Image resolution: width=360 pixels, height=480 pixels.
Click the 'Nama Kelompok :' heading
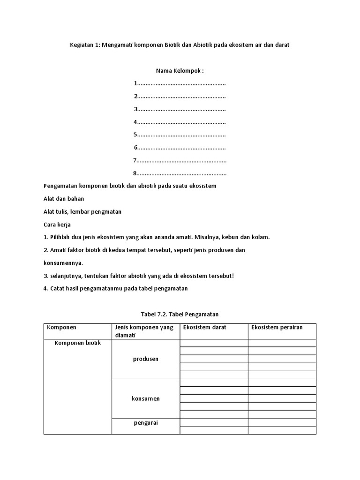(x=180, y=71)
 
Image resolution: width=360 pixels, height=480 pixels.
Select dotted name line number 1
(x=180, y=84)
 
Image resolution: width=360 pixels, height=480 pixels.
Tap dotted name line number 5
(x=180, y=135)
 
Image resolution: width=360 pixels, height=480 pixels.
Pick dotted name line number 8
(x=180, y=173)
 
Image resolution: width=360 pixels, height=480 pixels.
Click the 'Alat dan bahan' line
(x=64, y=199)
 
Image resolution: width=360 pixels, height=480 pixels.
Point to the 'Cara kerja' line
(x=57, y=225)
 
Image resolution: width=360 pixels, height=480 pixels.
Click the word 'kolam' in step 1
(x=262, y=237)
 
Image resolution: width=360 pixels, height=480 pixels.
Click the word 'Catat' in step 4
(x=57, y=289)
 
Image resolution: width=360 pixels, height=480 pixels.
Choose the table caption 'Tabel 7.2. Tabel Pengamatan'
(x=180, y=314)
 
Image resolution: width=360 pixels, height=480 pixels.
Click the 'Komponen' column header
(x=61, y=327)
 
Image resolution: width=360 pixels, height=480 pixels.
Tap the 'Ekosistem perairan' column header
(x=277, y=327)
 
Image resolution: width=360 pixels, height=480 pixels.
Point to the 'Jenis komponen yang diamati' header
(x=144, y=331)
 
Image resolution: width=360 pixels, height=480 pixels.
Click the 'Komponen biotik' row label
(x=78, y=343)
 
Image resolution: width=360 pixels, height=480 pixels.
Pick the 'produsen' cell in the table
(x=145, y=359)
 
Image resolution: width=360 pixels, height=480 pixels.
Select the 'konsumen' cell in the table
(x=145, y=398)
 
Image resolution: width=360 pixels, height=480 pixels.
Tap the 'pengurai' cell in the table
(x=145, y=422)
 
